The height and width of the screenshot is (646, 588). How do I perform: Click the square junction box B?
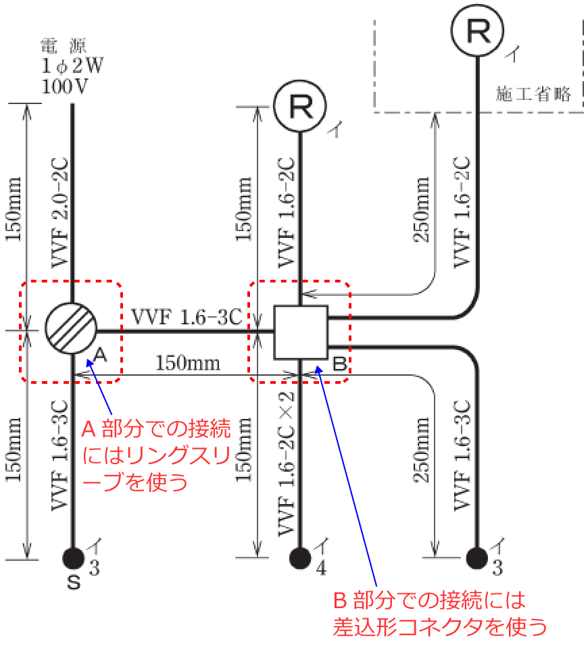(x=300, y=332)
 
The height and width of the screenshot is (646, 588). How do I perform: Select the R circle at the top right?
(x=479, y=33)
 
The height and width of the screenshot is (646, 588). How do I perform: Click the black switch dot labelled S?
(x=72, y=557)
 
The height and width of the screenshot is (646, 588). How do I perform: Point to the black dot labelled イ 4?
(x=299, y=557)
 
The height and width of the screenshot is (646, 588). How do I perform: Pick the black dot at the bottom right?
(x=477, y=557)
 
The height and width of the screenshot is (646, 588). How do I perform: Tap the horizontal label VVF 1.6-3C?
(x=187, y=316)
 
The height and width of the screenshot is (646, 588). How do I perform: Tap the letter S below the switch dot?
(x=73, y=582)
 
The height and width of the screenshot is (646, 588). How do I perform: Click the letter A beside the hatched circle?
(x=99, y=353)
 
